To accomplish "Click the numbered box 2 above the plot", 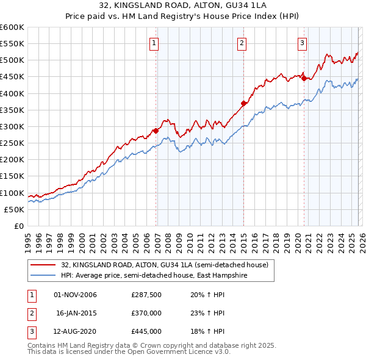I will click(x=242, y=43).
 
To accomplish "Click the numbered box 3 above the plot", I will click(x=302, y=43).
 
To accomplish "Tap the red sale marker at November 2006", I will click(x=156, y=131).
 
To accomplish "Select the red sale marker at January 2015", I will click(x=243, y=103).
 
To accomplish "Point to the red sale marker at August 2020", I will click(x=304, y=78).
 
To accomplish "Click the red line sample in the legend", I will click(x=43, y=265).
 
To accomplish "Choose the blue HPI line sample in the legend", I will click(x=43, y=276).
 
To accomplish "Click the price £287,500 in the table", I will click(x=146, y=295).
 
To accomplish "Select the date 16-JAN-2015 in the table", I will click(x=76, y=313).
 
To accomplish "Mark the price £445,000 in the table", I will click(x=146, y=331).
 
